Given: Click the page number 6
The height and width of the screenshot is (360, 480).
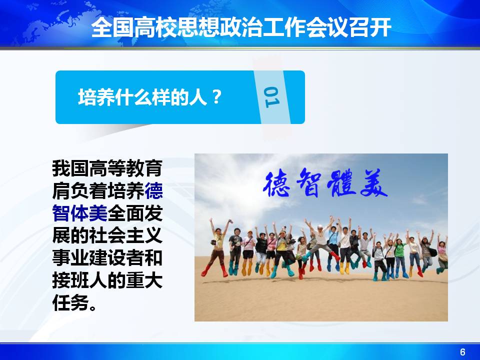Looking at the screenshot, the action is [x=462, y=352].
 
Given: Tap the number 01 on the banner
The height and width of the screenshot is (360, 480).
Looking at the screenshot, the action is [x=272, y=97].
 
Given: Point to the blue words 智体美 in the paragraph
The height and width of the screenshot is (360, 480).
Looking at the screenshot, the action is [x=80, y=213].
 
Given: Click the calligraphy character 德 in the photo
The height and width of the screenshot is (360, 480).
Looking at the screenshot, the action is [x=277, y=183].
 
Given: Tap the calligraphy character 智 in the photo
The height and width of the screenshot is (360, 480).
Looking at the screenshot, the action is [x=308, y=183].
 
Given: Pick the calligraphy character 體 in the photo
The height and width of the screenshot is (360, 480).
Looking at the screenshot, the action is [x=341, y=183].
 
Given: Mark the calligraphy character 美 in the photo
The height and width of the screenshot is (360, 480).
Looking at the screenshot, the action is [x=374, y=183].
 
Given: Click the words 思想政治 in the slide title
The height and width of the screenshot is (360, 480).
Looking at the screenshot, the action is [x=219, y=27].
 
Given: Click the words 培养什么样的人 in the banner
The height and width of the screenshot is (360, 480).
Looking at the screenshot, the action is [x=141, y=97].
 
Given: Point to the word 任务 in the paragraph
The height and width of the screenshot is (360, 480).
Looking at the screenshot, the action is [x=70, y=303].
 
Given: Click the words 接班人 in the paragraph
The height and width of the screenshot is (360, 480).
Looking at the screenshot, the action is [x=80, y=280].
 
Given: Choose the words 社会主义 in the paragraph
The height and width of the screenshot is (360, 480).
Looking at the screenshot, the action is [x=126, y=235].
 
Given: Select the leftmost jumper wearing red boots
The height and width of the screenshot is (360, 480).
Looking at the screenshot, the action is [x=217, y=248].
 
